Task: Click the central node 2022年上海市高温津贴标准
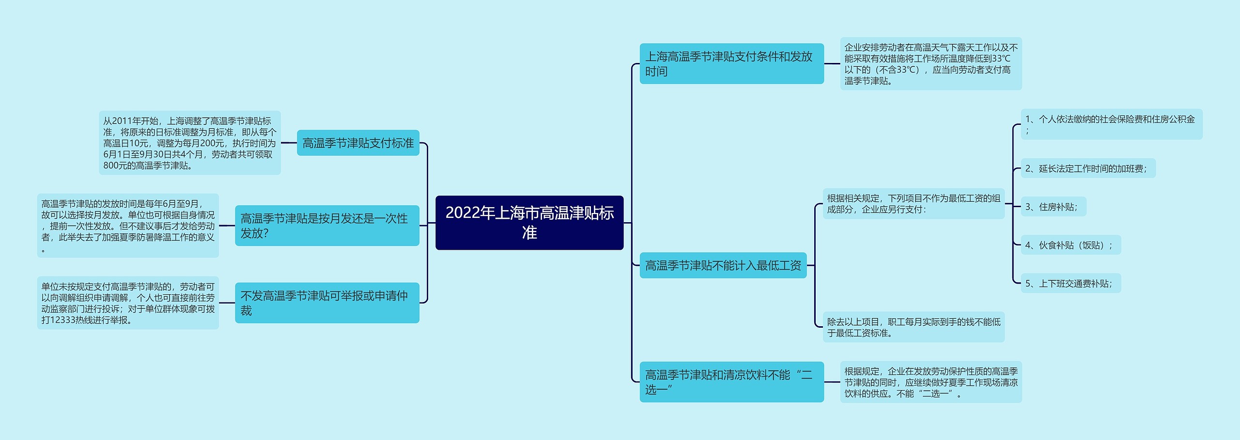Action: click(529, 223)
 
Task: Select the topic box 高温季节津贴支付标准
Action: click(358, 143)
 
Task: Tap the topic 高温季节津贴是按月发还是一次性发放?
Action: click(327, 226)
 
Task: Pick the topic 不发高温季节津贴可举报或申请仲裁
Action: click(327, 303)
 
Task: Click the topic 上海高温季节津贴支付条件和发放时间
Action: click(731, 63)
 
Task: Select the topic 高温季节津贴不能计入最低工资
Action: click(723, 265)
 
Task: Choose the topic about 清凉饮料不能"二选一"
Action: click(731, 382)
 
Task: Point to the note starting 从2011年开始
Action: click(189, 143)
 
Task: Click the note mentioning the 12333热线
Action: click(128, 303)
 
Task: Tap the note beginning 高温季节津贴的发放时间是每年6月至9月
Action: click(128, 226)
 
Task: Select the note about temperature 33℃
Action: click(930, 63)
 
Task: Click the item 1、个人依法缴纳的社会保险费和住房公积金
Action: click(1111, 124)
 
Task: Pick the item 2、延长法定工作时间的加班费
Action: click(1087, 168)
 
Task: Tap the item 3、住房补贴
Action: click(1053, 207)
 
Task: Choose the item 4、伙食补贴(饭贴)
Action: click(1070, 245)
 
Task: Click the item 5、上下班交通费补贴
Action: click(1070, 283)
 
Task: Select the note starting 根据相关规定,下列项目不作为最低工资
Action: click(914, 204)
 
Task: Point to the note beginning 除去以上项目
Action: click(914, 327)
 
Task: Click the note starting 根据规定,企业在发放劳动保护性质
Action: click(930, 382)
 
